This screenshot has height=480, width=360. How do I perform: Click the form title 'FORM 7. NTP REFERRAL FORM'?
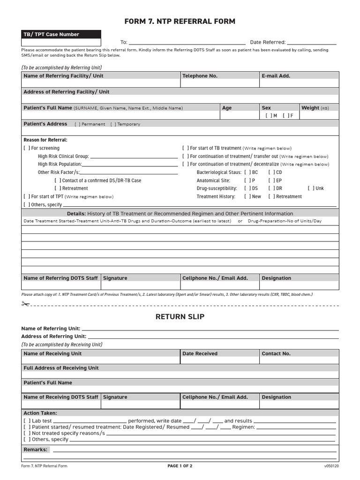point(180,22)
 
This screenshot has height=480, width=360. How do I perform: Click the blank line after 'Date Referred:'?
point(311,43)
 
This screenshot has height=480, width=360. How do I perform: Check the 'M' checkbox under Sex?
point(268,115)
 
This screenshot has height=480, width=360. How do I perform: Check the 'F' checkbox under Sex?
point(285,115)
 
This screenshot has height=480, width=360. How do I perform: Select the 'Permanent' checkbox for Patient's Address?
point(77,124)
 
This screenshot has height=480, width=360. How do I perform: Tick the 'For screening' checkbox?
point(27,148)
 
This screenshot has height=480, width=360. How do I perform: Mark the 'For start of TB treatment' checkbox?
point(186,148)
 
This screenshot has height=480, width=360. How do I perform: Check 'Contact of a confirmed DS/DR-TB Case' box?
point(58,180)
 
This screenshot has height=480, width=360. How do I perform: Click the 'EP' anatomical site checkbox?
point(271,180)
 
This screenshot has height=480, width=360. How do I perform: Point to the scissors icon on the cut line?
point(25,304)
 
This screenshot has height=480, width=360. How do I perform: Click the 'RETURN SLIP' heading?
point(180,317)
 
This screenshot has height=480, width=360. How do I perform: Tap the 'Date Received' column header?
point(200,354)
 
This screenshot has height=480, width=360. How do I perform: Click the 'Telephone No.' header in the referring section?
point(200,76)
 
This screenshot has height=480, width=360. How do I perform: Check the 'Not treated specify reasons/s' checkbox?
point(27,434)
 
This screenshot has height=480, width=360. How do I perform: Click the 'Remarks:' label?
point(36,450)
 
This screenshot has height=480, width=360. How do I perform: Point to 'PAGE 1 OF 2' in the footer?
point(180,466)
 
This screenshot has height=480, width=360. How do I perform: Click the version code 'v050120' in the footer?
point(331,466)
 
